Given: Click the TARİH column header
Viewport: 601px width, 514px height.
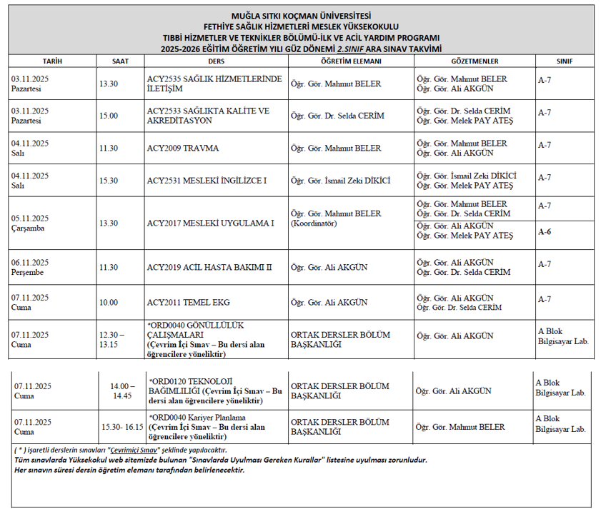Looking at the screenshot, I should click(51, 61).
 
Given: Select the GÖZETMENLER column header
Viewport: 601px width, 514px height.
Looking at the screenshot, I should click(475, 61).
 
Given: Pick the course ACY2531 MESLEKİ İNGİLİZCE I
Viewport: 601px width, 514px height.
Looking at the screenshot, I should click(207, 181).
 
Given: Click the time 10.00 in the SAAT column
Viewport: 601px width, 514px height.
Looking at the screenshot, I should click(109, 303).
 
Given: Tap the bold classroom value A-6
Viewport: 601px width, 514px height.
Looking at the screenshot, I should click(545, 231).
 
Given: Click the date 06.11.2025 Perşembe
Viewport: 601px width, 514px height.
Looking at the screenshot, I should click(30, 266).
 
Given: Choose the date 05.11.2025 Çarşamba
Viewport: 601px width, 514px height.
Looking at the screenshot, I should click(30, 223).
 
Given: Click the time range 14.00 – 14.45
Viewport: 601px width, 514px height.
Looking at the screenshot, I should click(122, 390).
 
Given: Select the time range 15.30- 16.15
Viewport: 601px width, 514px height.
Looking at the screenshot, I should click(122, 427).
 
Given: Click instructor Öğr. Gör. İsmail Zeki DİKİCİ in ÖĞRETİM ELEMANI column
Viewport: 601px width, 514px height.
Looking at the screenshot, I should click(340, 181).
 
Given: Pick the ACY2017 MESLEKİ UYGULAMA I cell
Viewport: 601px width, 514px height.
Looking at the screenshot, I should click(211, 223).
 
